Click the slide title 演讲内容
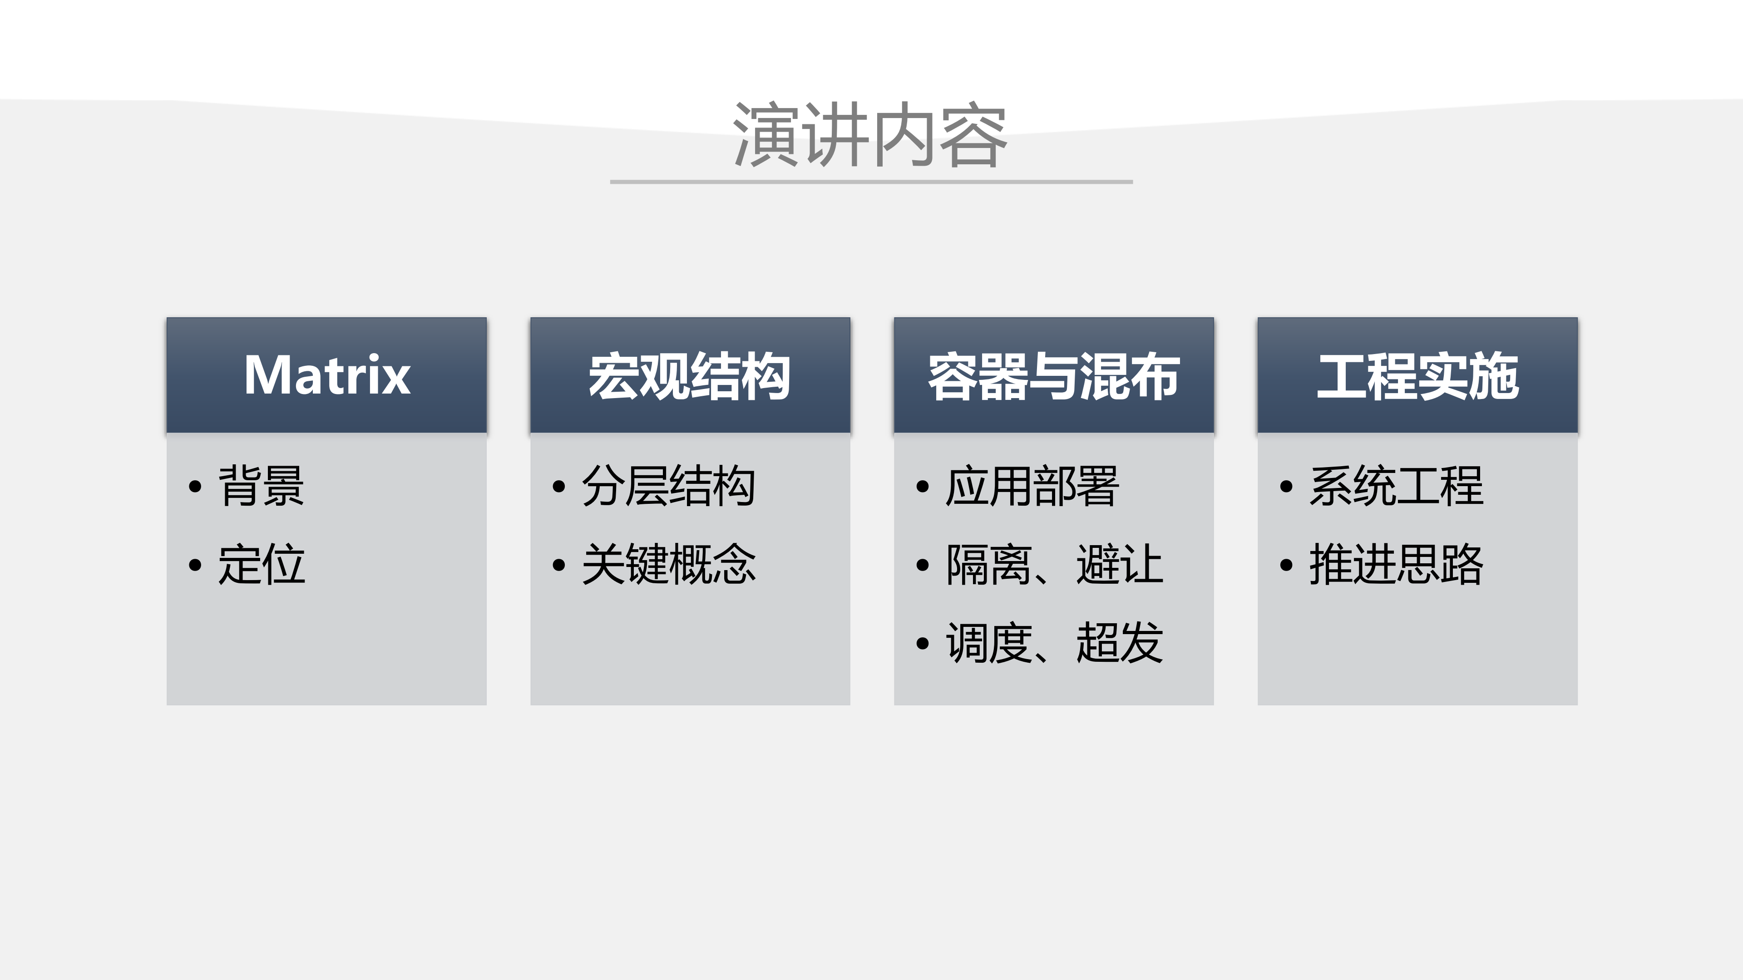click(870, 135)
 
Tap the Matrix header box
click(327, 375)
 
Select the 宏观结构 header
click(690, 375)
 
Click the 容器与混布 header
click(1053, 375)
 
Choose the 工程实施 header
click(1417, 375)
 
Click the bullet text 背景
click(261, 486)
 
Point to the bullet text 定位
click(261, 564)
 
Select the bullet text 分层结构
click(668, 486)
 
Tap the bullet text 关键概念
click(668, 564)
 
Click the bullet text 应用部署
click(1032, 486)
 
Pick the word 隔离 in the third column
click(988, 564)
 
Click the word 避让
click(1120, 564)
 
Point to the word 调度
click(988, 642)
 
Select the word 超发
click(1120, 642)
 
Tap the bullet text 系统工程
click(1396, 486)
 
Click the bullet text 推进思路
click(1396, 564)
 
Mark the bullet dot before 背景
click(195, 486)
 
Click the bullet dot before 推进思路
click(1286, 565)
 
